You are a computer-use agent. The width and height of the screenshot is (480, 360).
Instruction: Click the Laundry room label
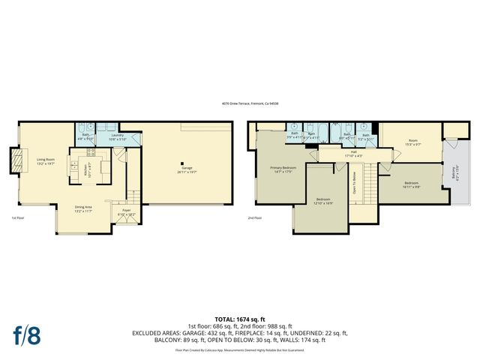pyautogui.click(x=116, y=136)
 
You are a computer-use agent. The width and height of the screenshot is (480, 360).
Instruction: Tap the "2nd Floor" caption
pyautogui.click(x=256, y=218)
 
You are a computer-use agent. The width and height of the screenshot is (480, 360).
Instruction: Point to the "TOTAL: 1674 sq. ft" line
pyautogui.click(x=239, y=319)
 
